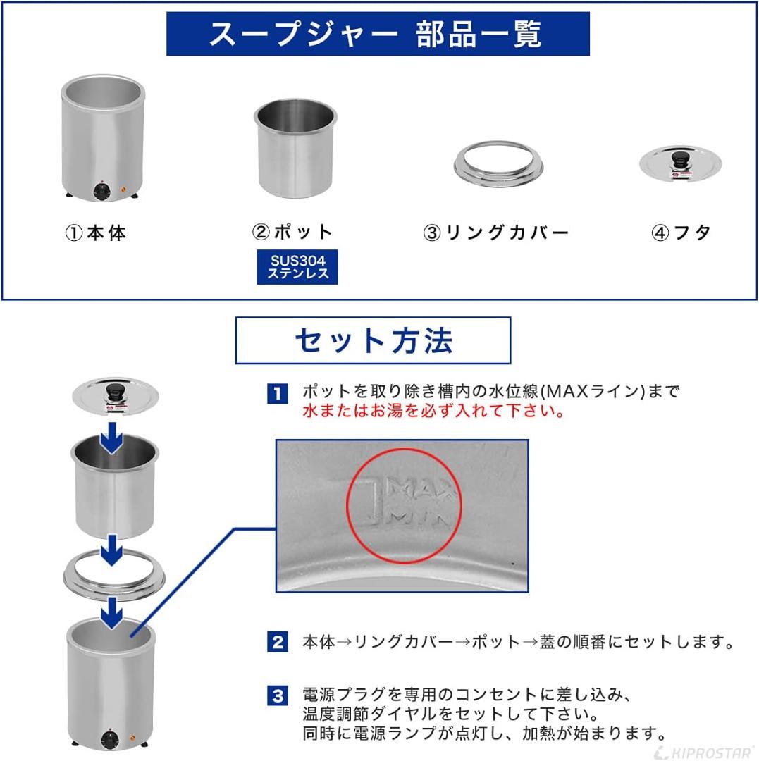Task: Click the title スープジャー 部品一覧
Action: point(378,34)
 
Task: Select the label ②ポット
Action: point(292,232)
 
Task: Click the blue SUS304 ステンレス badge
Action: point(297,267)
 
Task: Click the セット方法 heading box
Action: point(373,340)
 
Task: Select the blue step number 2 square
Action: point(278,642)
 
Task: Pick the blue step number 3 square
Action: point(278,696)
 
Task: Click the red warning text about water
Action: point(434,412)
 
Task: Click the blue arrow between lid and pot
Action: point(111,440)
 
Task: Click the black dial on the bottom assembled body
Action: point(109,741)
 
